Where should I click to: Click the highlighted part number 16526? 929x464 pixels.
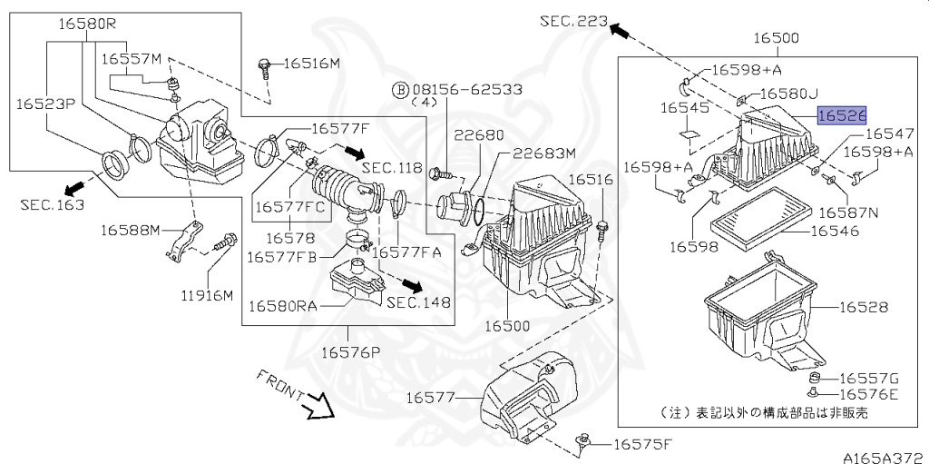[x=842, y=115]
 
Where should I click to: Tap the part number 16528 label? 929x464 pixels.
[x=864, y=307]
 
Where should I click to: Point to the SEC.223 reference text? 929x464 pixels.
[x=574, y=22]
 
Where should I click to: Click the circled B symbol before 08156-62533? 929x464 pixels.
[x=401, y=90]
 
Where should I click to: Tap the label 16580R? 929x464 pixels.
[x=86, y=25]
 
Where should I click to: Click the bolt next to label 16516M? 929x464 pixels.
[x=264, y=70]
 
